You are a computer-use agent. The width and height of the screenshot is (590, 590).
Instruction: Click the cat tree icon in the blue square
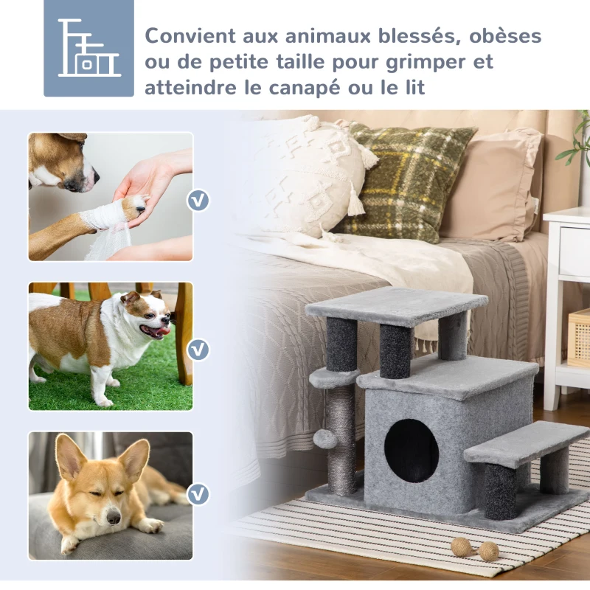point(88,48)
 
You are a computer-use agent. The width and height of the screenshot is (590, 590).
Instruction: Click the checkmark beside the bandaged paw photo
point(198,200)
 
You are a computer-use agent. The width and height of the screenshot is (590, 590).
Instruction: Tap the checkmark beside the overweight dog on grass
point(198,348)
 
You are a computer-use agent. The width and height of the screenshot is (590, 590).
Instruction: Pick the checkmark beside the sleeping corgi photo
point(198,493)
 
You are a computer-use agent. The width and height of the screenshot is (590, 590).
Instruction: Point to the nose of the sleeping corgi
point(111,518)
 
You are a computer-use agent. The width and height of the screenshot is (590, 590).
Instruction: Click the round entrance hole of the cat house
point(411,451)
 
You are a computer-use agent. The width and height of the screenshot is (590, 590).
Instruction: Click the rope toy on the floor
point(475,549)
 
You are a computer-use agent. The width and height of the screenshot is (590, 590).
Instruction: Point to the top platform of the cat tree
point(395,302)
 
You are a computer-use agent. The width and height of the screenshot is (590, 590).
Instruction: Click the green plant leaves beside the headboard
point(578,140)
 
